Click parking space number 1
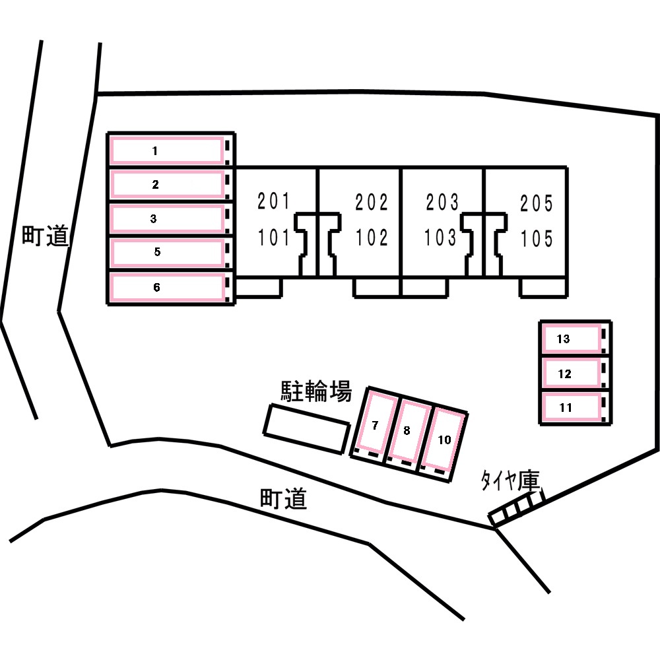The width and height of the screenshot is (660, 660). pyautogui.click(x=166, y=150)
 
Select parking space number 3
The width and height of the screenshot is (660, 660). pyautogui.click(x=166, y=218)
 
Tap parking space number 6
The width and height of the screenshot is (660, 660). pyautogui.click(x=166, y=288)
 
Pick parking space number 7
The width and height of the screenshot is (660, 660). pyautogui.click(x=375, y=426)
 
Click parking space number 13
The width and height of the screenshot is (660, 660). pyautogui.click(x=571, y=339)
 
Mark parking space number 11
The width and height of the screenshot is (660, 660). pyautogui.click(x=571, y=407)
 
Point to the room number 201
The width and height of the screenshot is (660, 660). pyautogui.click(x=274, y=202)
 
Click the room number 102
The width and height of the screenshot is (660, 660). pyautogui.click(x=372, y=238)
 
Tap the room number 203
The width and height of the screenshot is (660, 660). pyautogui.click(x=441, y=202)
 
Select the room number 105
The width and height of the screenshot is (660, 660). pyautogui.click(x=536, y=238)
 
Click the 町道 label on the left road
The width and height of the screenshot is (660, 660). pyautogui.click(x=45, y=236)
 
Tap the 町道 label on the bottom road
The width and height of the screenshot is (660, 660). pyautogui.click(x=283, y=499)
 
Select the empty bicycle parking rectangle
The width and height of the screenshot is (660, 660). pyautogui.click(x=307, y=428)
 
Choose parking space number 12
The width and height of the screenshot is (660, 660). pyautogui.click(x=571, y=374)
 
